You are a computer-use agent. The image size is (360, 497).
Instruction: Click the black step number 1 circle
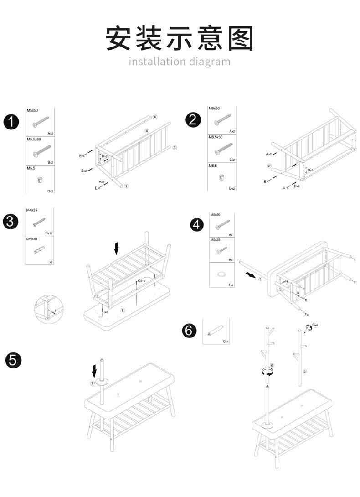[x=11, y=122]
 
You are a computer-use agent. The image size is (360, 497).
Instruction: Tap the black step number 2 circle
[x=193, y=120]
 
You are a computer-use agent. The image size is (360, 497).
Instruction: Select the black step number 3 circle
[x=10, y=222]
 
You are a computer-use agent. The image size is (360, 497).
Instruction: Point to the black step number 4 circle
[x=196, y=225]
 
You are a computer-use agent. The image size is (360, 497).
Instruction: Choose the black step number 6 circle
[x=189, y=330]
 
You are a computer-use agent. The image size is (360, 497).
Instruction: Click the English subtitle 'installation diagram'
[x=180, y=62]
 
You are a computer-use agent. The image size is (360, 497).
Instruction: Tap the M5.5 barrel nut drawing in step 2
[x=222, y=177]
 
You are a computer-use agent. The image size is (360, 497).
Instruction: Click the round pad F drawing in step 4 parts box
[x=221, y=274]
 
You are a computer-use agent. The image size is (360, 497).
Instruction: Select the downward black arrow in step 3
[x=117, y=248]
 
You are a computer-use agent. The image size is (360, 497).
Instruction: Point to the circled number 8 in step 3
[x=123, y=310]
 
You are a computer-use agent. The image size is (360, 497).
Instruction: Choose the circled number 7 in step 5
[x=92, y=383]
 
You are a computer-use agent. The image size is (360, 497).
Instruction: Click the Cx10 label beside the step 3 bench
[x=141, y=281]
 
